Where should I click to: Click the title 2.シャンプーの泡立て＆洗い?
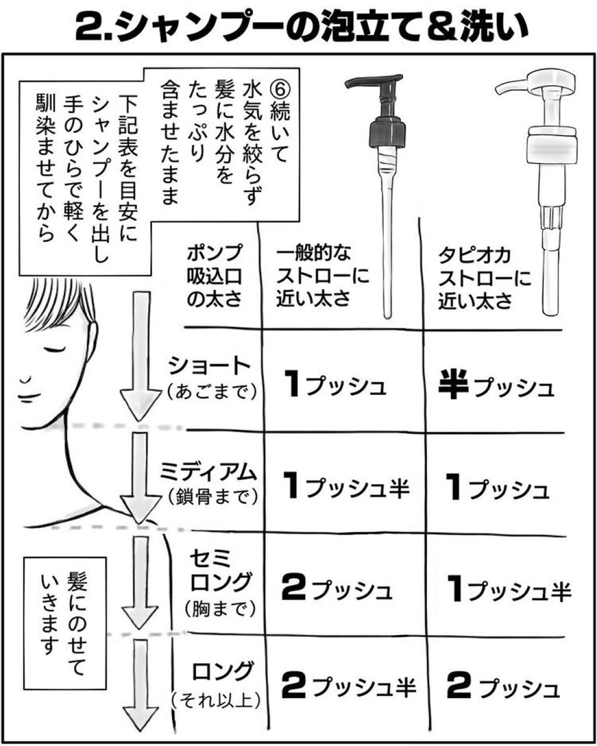point(298,26)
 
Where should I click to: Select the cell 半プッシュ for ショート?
point(496,386)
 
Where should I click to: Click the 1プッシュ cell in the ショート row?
point(336,384)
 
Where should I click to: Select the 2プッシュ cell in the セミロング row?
point(336,589)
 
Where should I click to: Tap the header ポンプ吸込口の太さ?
point(215,276)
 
